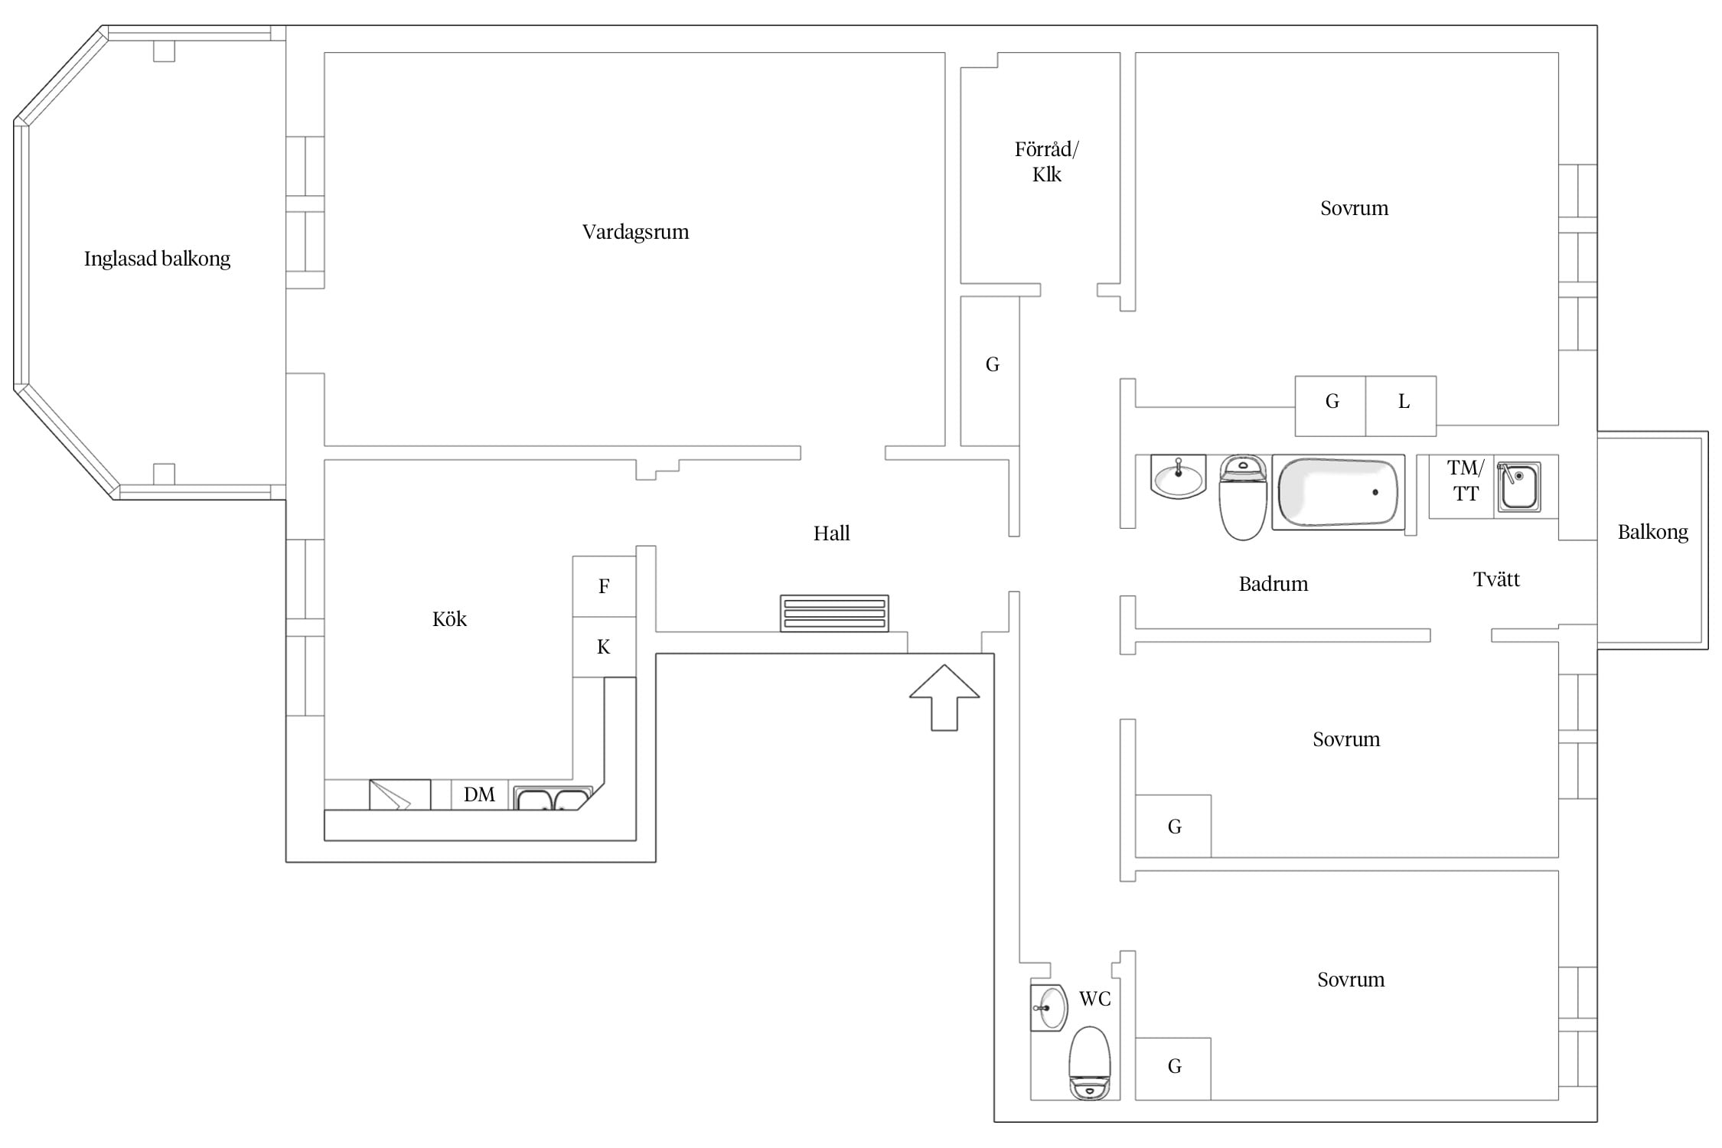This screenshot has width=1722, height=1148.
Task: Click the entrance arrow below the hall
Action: pos(944,697)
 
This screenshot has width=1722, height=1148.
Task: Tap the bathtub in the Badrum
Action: pos(1338,492)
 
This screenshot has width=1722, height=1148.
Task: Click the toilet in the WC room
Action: pos(1089,1063)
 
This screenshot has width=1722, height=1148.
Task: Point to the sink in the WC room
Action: pos(1049,1007)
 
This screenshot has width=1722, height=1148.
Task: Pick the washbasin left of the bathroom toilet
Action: pos(1178,476)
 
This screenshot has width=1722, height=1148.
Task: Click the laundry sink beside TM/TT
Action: pos(1518,486)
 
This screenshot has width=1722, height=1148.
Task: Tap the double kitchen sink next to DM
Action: pos(551,797)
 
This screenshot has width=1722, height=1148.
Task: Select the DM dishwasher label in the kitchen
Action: pos(479,794)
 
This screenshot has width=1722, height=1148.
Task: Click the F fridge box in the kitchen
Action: pos(604,586)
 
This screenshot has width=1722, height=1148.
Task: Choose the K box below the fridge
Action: pos(604,647)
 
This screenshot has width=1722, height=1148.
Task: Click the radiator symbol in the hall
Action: pos(834,613)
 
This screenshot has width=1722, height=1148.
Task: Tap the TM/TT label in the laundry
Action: pos(1466,481)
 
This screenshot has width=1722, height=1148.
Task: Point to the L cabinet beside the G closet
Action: pos(1401,406)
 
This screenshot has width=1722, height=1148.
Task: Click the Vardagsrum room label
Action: pos(635,232)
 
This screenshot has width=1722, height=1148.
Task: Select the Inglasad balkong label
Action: pos(157,259)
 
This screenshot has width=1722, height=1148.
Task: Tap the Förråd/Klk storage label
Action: pos(1046,161)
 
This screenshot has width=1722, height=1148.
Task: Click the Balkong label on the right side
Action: pos(1652,533)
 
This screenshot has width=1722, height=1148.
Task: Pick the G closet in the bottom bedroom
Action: pos(1172,1068)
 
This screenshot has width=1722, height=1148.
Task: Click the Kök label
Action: pos(449,618)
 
